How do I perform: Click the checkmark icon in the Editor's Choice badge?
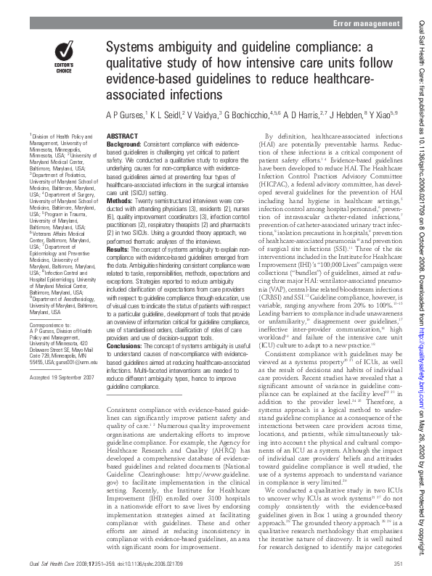65,51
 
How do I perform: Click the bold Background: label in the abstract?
123,144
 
